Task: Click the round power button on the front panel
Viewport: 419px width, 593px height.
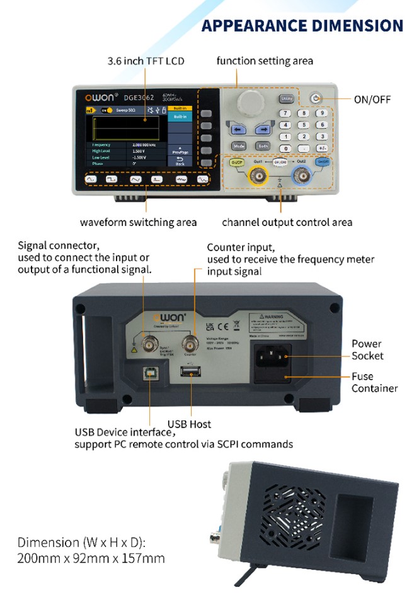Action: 316,99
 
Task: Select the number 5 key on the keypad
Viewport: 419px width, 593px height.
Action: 304,125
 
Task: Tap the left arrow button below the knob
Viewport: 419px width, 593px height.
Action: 238,130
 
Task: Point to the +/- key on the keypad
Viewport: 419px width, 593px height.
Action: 322,148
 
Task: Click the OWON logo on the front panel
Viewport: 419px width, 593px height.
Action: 97,98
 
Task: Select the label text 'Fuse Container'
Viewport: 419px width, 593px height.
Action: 374,383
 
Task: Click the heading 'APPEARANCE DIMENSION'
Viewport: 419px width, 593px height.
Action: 302,26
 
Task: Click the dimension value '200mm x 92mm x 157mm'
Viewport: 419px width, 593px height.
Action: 91,558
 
